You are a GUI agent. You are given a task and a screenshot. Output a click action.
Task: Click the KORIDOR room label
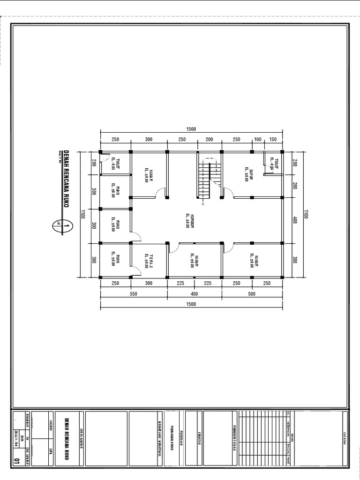click(x=187, y=222)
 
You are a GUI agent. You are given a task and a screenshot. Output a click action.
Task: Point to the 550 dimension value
click(x=133, y=294)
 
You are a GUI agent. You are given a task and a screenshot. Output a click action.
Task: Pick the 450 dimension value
click(x=194, y=294)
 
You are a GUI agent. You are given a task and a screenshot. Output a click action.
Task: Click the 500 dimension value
click(x=252, y=294)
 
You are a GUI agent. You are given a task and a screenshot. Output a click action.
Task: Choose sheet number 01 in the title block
click(x=17, y=461)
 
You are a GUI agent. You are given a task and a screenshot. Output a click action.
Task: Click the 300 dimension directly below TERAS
click(x=149, y=283)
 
